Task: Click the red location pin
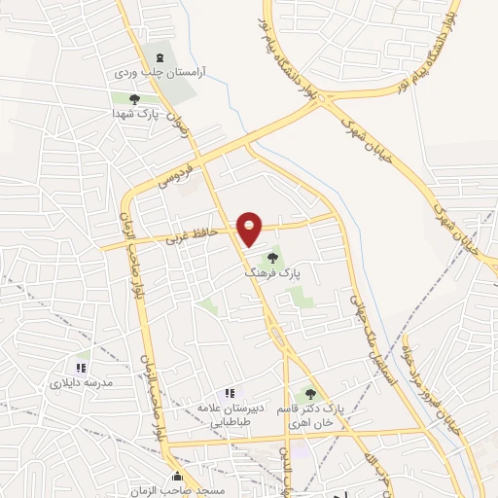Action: pos(250,228)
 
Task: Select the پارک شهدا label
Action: pos(133,113)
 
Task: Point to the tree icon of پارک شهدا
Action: pos(134,97)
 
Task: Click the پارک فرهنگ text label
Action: pos(273,275)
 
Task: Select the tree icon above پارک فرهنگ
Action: pos(273,258)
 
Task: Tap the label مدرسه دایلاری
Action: pos(83,383)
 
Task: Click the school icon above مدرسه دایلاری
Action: pos(82,368)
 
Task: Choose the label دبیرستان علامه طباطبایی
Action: pos(229,415)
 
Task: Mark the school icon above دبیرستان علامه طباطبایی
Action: pos(229,393)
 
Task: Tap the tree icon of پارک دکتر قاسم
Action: pos(310,394)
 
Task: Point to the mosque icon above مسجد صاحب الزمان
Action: pos(177,477)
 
